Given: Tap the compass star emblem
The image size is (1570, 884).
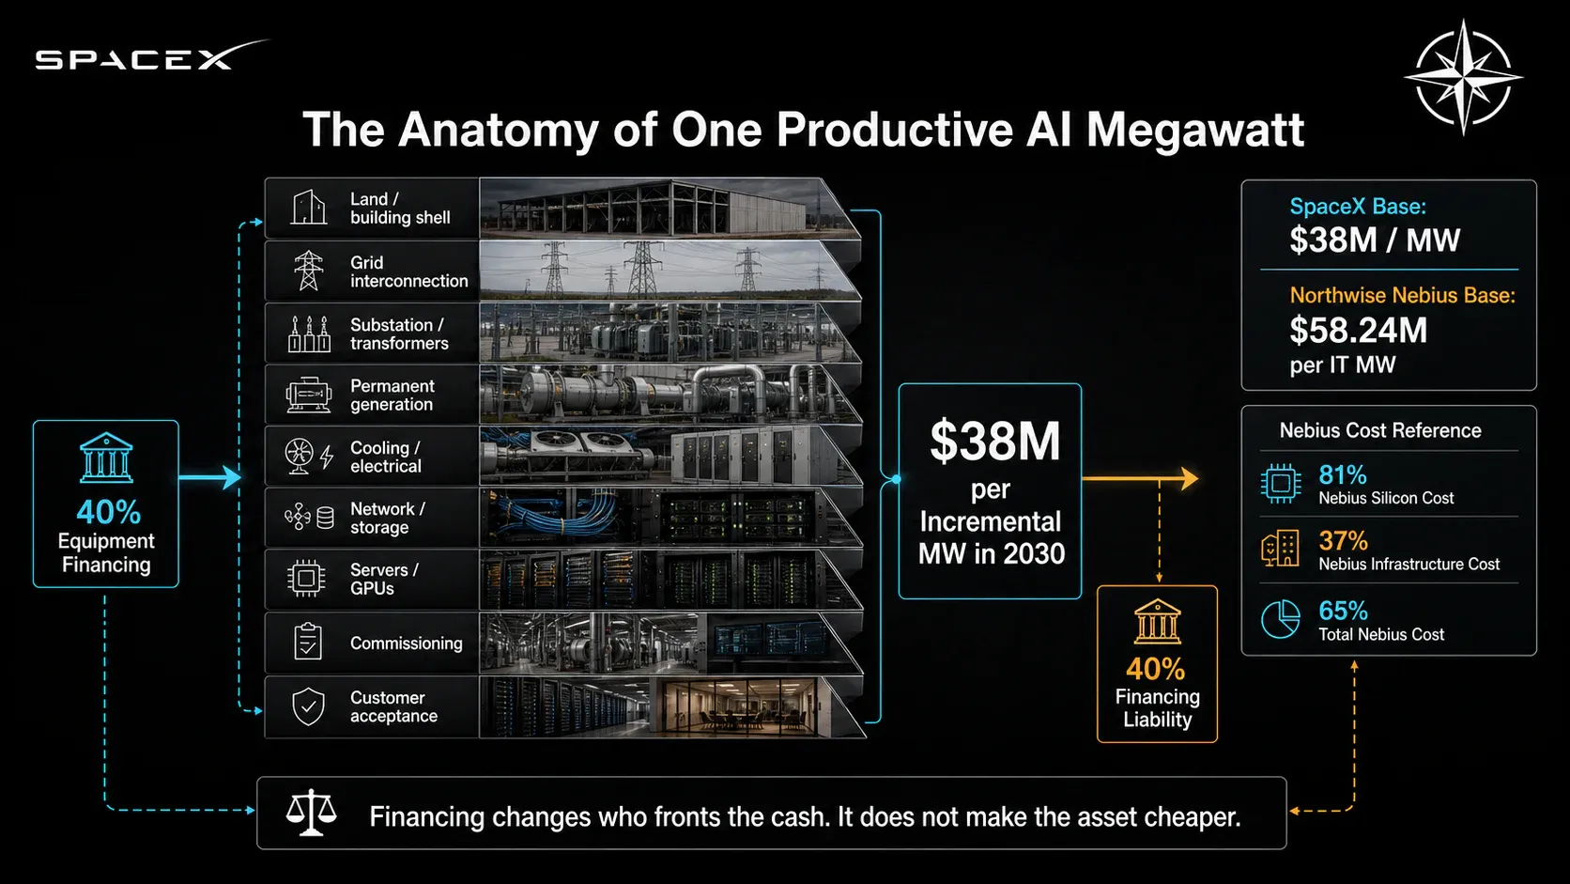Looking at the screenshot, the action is click(1464, 77).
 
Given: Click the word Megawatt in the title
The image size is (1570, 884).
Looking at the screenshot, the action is click(1195, 131).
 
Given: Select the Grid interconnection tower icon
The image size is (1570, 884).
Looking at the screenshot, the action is click(308, 271).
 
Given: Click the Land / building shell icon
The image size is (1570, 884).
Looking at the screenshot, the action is click(308, 208).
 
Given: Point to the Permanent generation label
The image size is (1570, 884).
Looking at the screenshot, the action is click(392, 395).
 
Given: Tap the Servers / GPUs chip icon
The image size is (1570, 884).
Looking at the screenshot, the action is click(306, 579).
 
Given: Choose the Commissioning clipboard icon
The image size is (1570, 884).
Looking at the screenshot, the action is click(308, 642).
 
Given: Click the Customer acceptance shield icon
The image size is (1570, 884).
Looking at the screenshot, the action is click(308, 706).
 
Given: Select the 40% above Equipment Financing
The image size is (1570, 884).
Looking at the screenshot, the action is click(109, 512).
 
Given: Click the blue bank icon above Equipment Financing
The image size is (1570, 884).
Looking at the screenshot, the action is click(106, 458).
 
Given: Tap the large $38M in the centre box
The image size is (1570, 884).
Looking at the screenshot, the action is click(994, 442).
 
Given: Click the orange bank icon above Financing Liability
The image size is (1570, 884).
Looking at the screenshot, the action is click(1157, 622).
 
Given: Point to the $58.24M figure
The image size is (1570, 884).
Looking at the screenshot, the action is click(1359, 330).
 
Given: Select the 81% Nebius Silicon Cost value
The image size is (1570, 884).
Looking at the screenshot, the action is click(1342, 475).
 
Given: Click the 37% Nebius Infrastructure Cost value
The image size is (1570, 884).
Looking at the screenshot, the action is click(1343, 541).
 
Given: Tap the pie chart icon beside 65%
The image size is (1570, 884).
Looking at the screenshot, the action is click(1281, 619).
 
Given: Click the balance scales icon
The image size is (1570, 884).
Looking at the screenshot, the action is click(311, 814).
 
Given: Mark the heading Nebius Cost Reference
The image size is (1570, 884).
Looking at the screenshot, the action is click(1380, 430).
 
